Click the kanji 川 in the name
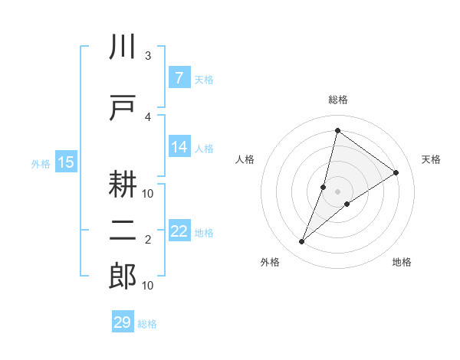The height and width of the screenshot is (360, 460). point(123,47)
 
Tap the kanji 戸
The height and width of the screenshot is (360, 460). point(123,107)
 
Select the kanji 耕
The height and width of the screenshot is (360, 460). point(123,183)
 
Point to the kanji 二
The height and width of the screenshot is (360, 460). point(123,231)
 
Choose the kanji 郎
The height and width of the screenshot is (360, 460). point(123,277)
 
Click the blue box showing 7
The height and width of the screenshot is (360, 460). point(179,78)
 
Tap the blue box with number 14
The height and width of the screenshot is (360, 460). point(179,147)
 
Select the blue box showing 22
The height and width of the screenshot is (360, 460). point(179,231)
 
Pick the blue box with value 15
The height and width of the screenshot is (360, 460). point(66,162)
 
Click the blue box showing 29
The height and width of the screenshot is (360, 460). point(123,322)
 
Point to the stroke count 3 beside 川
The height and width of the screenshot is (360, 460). point(148,56)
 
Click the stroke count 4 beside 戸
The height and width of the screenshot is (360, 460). point(148,116)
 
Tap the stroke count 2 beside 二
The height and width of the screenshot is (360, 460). point(148,240)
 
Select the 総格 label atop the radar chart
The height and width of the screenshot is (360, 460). point(337,100)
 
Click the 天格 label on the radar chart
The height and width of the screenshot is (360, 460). point(431,159)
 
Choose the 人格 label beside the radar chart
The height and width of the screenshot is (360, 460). point(245,159)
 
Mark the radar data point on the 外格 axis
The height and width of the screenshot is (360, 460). point(301,242)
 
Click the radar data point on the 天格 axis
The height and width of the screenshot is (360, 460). point(396,172)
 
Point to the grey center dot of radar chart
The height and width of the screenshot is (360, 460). point(337,191)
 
